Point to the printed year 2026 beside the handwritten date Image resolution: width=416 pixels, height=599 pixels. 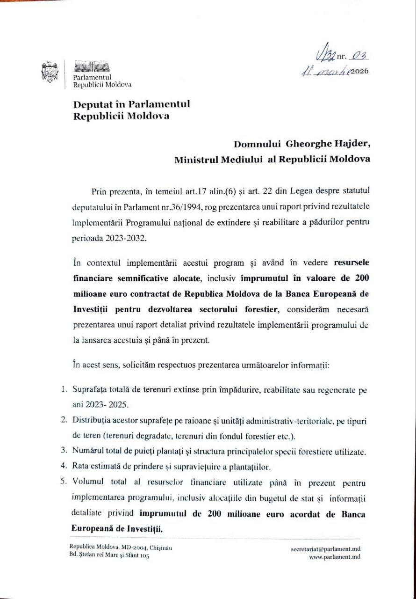click(359, 72)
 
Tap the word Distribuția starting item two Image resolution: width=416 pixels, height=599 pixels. click(92, 421)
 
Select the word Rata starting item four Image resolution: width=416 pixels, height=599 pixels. click(79, 467)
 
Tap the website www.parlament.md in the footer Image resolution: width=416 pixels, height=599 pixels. click(335, 557)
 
